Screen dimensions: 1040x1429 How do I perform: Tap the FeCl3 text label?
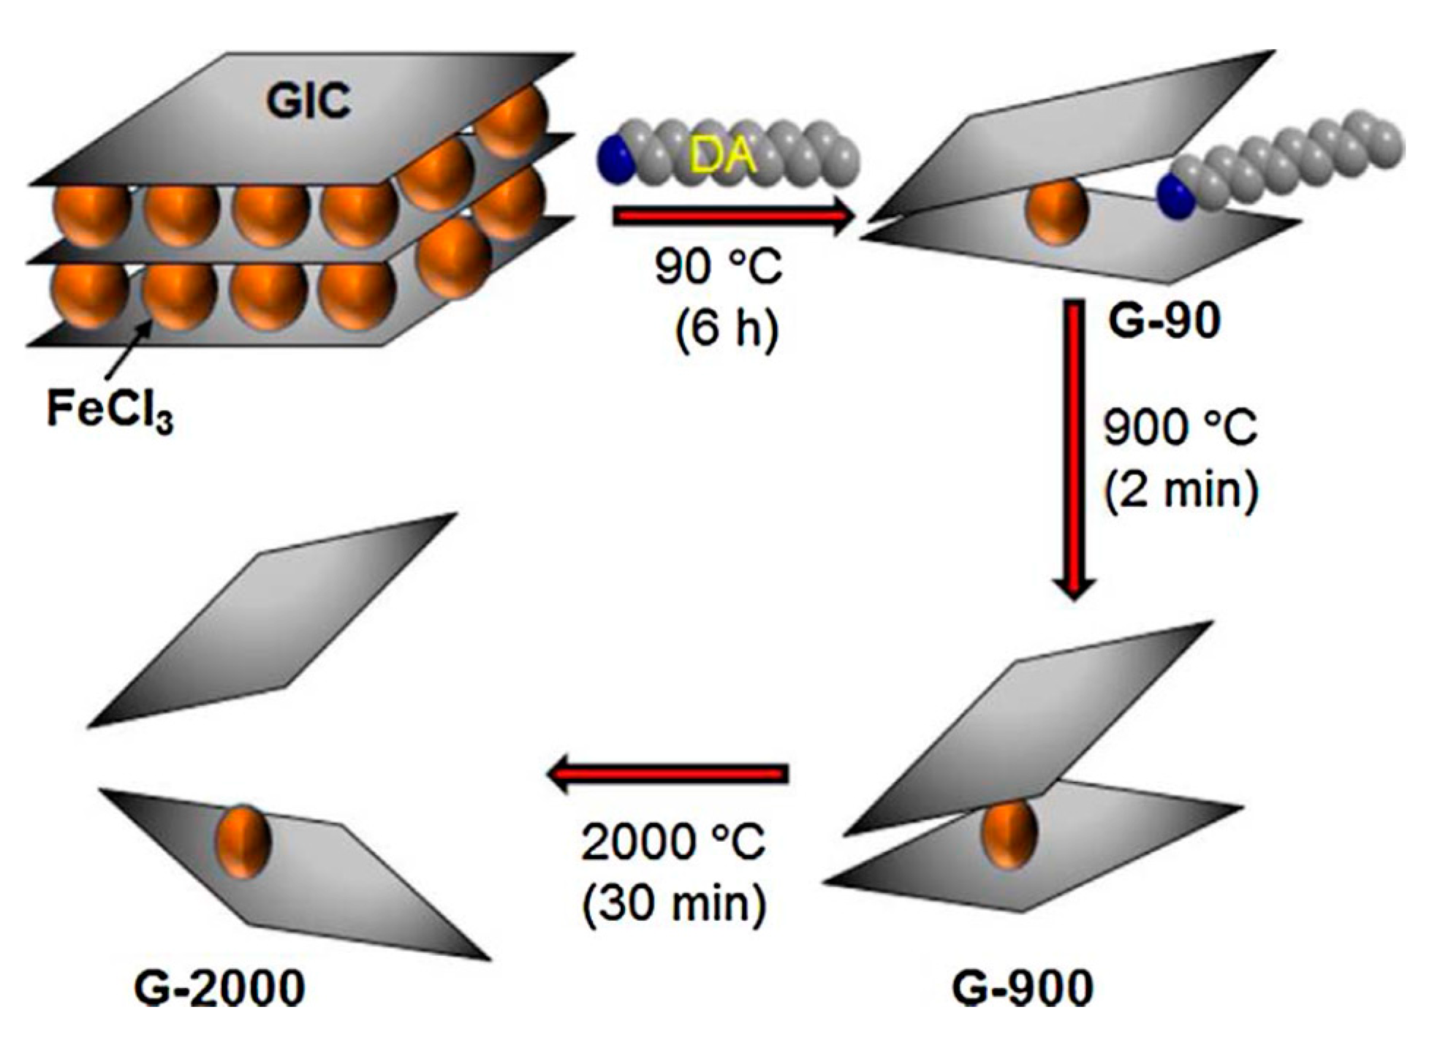tap(110, 409)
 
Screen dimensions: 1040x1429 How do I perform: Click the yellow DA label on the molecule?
tap(722, 156)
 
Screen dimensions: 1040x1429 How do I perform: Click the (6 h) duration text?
tap(726, 328)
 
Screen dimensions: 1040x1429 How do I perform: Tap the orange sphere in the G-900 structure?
tap(1009, 833)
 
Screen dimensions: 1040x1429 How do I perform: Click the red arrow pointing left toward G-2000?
tap(668, 774)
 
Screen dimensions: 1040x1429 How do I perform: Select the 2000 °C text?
tap(672, 842)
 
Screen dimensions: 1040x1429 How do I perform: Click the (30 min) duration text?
tap(674, 904)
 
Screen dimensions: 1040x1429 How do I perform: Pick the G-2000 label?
tap(219, 988)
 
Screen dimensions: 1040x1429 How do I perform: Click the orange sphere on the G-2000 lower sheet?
tap(243, 841)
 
